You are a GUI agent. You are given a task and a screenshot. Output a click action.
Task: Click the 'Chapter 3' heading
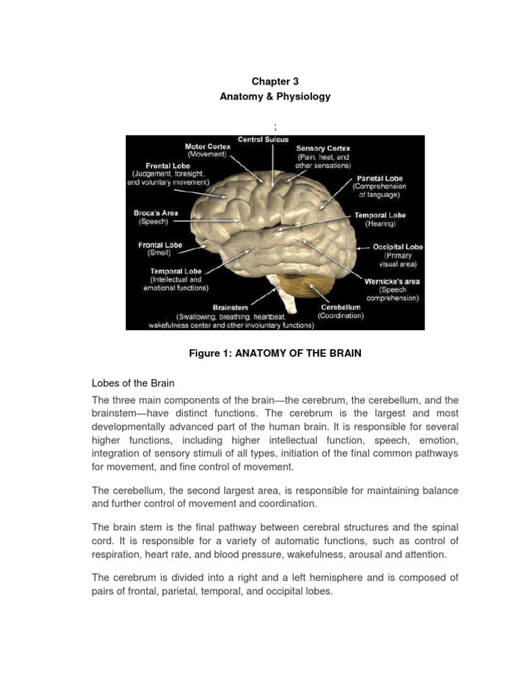(275, 81)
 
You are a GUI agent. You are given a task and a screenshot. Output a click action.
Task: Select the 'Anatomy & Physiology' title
(275, 97)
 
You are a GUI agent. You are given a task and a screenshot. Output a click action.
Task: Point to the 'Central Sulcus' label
(263, 139)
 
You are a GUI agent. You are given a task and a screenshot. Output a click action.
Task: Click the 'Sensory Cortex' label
(324, 148)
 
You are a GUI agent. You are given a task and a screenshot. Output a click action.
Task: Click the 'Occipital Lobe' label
(398, 248)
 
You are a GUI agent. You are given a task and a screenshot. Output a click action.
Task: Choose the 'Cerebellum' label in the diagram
(341, 307)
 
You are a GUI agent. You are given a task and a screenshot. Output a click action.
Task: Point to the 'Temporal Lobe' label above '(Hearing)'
(380, 215)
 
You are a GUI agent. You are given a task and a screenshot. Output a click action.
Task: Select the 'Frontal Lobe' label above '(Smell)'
(160, 245)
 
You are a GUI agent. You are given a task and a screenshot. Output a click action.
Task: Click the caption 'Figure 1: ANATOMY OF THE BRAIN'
(275, 353)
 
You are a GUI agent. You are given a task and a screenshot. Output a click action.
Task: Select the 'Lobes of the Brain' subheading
(131, 383)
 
